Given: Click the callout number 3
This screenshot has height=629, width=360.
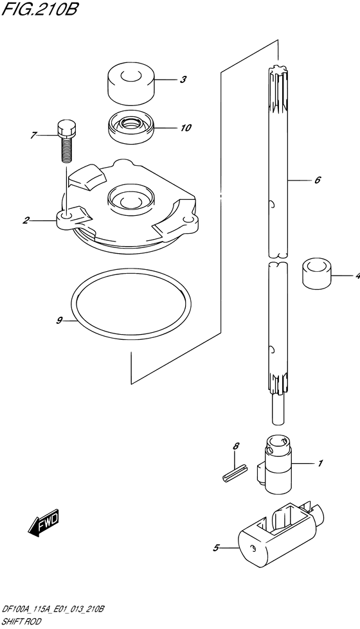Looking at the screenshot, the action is (183, 80).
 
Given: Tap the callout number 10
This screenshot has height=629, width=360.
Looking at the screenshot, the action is (186, 128).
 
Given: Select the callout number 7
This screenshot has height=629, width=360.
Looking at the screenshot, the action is (33, 136).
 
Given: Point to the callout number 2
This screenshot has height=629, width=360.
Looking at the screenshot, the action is (26, 220).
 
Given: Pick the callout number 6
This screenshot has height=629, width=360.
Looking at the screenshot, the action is (318, 180).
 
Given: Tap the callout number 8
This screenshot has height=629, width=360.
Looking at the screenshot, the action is (236, 446).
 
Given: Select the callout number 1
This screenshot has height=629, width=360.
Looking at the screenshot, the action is (320, 464).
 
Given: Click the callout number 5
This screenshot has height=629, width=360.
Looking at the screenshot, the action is (216, 547).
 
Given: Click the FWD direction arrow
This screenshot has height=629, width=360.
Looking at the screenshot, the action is (43, 524).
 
